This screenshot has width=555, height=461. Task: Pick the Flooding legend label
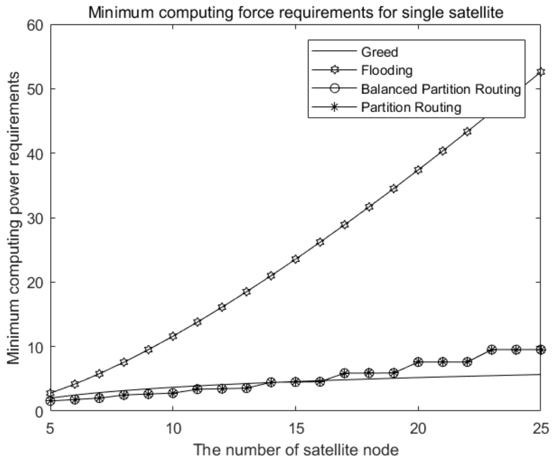pos(386,70)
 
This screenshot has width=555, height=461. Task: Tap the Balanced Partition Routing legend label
pos(441,89)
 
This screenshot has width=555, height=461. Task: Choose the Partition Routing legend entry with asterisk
pos(411,107)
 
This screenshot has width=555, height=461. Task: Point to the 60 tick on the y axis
pos(36,25)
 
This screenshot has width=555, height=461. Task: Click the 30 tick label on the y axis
pos(36,218)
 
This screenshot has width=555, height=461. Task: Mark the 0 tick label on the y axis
pos(40,411)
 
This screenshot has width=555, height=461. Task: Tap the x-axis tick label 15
pos(295,428)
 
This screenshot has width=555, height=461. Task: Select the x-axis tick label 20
pos(418,428)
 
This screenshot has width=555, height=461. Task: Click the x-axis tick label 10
pos(173,428)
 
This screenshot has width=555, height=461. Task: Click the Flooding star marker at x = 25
pos(540,72)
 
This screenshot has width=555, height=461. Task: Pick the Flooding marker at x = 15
pos(295,259)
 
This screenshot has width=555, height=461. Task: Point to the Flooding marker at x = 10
pos(173,336)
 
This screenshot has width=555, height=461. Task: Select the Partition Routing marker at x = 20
pos(418,362)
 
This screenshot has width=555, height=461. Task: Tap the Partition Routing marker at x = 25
pos(540,349)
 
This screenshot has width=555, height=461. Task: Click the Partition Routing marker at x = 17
pos(344,373)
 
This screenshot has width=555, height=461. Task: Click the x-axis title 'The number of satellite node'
pos(295,450)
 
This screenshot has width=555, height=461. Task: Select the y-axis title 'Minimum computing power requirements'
pos(14,218)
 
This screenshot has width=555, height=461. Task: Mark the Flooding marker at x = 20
pos(418,170)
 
